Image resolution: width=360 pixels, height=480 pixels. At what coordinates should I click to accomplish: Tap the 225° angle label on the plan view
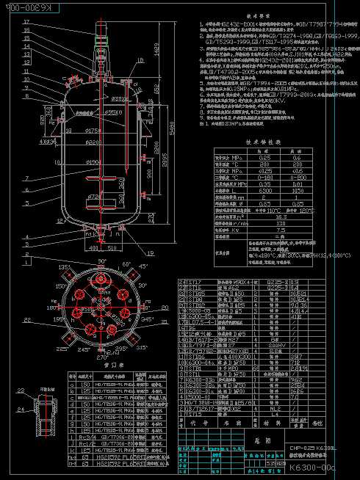coord(62,349)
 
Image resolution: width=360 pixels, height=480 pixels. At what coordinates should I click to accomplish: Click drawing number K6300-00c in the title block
coord(311,468)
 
